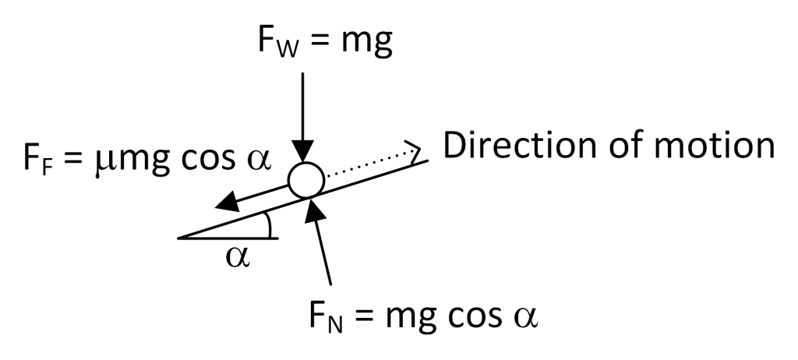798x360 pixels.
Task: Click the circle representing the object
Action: (x=305, y=180)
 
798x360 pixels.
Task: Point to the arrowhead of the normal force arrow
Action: (x=313, y=206)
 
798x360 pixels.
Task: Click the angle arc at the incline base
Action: (x=269, y=225)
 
